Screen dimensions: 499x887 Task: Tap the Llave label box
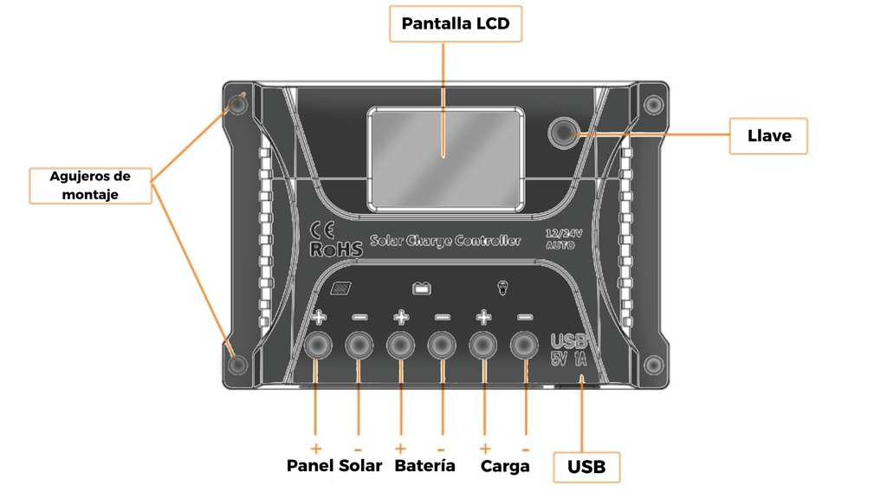(x=768, y=136)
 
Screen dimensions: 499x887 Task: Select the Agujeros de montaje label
(x=90, y=185)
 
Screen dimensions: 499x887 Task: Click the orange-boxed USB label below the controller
(x=586, y=467)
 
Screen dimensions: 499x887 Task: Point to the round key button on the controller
(x=564, y=132)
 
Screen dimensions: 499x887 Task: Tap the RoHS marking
(x=335, y=249)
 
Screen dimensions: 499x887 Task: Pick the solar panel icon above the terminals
(x=342, y=289)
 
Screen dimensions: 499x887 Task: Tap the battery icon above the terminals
(x=421, y=288)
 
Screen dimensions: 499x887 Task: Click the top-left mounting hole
(x=237, y=106)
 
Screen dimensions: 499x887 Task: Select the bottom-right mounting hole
(x=654, y=365)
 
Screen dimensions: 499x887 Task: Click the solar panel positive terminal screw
(x=317, y=346)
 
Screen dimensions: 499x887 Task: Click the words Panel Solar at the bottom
(x=333, y=466)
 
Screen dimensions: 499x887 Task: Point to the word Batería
(x=424, y=466)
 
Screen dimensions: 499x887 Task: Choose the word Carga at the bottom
(x=505, y=467)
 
